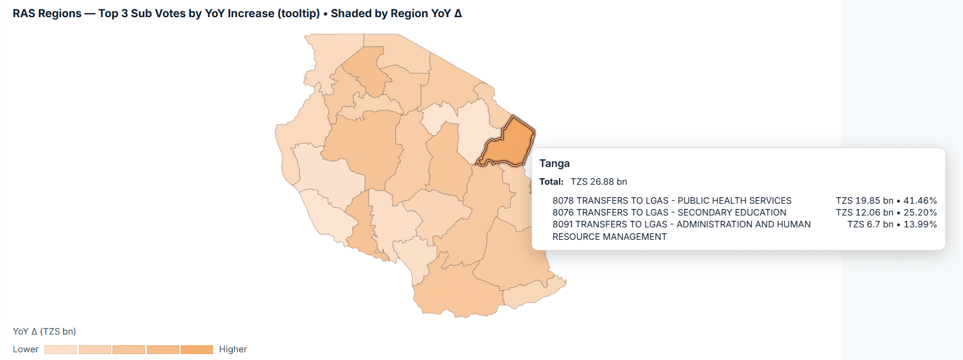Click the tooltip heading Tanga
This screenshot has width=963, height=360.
pyautogui.click(x=554, y=163)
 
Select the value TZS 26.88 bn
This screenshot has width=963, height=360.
pyautogui.click(x=598, y=182)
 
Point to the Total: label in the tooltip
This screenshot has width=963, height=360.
pyautogui.click(x=551, y=182)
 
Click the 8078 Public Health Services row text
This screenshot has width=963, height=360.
pyautogui.click(x=672, y=201)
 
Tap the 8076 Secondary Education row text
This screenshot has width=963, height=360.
pyautogui.click(x=669, y=213)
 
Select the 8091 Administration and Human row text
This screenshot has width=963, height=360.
pyautogui.click(x=681, y=224)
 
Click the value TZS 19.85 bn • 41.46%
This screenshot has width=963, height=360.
pyautogui.click(x=886, y=201)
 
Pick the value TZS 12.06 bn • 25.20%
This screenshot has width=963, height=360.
pyautogui.click(x=886, y=213)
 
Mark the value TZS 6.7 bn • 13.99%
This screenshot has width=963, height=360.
pyautogui.click(x=892, y=224)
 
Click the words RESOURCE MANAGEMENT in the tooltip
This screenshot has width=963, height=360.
pyautogui.click(x=610, y=237)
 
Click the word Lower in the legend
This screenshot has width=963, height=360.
pyautogui.click(x=25, y=349)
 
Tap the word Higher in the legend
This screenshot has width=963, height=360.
pyautogui.click(x=233, y=349)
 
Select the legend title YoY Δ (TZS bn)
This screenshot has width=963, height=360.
pyautogui.click(x=44, y=332)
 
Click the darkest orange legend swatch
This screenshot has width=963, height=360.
pyautogui.click(x=197, y=350)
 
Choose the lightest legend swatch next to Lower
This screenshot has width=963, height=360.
pyautogui.click(x=60, y=350)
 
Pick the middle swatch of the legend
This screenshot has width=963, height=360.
pyautogui.click(x=128, y=350)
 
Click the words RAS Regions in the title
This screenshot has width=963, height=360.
pyautogui.click(x=47, y=14)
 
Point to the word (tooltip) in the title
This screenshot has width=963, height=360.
pyautogui.click(x=298, y=14)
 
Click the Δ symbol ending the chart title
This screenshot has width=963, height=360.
pyautogui.click(x=458, y=14)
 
